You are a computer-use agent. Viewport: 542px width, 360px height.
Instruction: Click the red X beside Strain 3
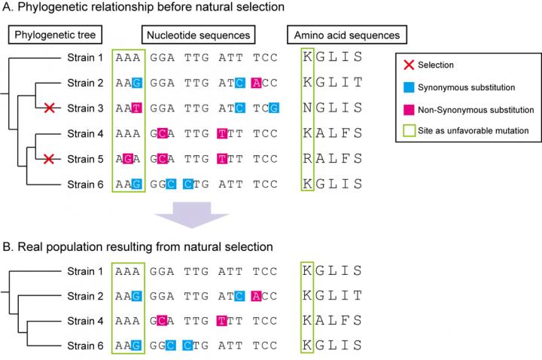click(x=50, y=109)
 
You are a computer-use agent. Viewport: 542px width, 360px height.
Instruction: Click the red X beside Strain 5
click(x=50, y=159)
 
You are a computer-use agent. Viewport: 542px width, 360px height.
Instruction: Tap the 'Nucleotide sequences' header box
click(x=196, y=35)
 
